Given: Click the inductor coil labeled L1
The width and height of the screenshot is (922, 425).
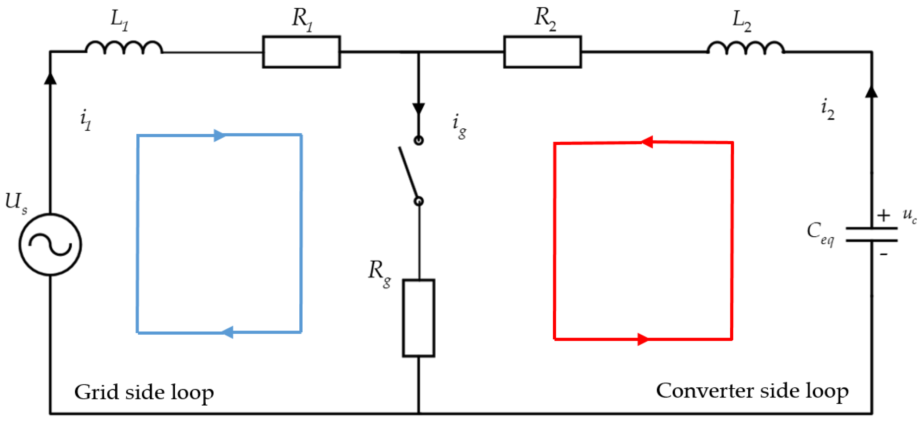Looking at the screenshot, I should [124, 48].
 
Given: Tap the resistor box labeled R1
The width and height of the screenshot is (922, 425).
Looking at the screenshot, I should [301, 52].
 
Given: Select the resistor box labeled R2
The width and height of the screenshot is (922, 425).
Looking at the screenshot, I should [542, 52].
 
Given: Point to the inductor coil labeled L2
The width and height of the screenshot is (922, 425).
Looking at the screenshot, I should [746, 48].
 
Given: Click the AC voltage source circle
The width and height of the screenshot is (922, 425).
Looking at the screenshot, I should [50, 245].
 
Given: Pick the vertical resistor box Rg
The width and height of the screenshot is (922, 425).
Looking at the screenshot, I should [418, 318].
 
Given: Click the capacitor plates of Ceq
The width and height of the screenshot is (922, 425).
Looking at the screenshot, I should [871, 234].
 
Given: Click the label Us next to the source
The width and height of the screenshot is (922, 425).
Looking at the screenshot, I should [15, 202].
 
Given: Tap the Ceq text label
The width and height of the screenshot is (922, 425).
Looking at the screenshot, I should [820, 232].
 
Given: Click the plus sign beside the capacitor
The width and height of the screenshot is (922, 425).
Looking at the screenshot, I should [883, 215].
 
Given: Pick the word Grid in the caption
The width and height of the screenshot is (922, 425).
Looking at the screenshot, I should [96, 392].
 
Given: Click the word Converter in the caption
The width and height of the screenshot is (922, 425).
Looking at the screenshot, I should [705, 390].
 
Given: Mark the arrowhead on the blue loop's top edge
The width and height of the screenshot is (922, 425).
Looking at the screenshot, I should [219, 135].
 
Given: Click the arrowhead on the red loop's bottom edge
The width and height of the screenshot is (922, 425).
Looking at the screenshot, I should [643, 339].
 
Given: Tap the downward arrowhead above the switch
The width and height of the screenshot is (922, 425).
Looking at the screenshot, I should [418, 109].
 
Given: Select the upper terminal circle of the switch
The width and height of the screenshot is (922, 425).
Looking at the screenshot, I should [418, 140].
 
